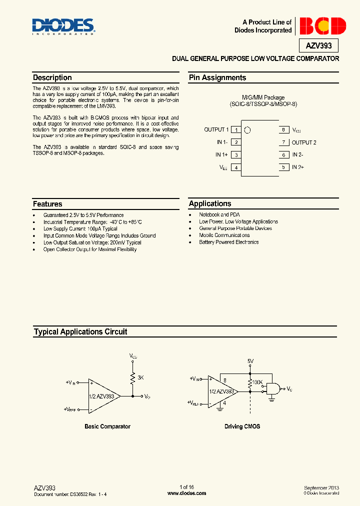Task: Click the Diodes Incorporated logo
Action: pos(63,26)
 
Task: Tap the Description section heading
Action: pos(52,77)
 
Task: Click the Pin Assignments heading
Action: pos(217,77)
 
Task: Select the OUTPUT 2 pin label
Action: pos(304,142)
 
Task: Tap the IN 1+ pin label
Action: pos(222,155)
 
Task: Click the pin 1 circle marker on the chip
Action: pos(247,130)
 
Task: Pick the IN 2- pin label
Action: pos(297,155)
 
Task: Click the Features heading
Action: pos(47,204)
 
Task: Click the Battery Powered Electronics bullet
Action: pos(229,242)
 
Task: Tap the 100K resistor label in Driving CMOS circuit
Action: pos(257,382)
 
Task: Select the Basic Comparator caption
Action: pos(107,426)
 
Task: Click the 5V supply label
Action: pos(250,360)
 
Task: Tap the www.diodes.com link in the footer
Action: pos(186,493)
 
